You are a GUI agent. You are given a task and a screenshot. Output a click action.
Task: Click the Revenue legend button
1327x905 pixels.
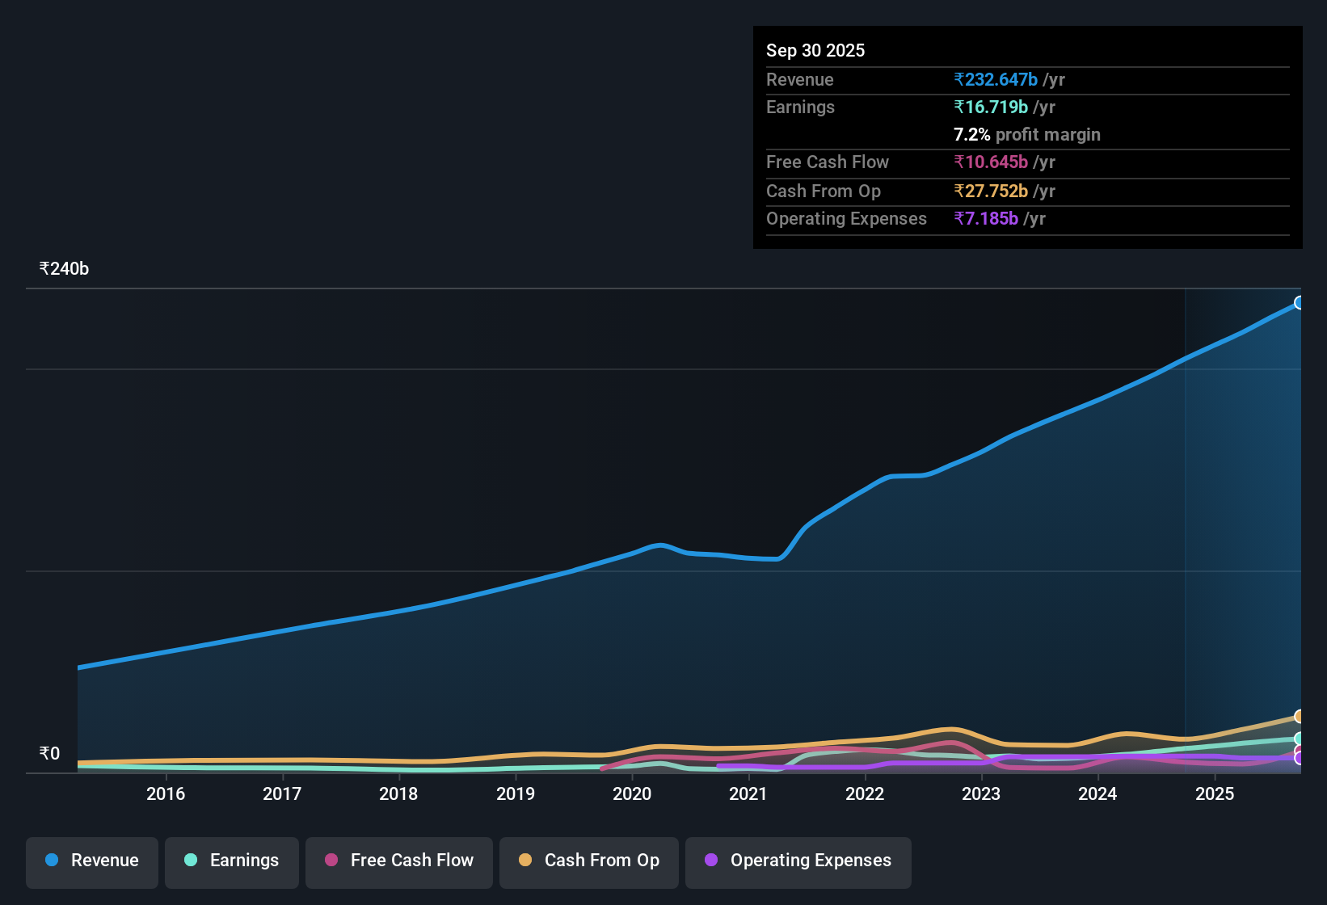pos(92,861)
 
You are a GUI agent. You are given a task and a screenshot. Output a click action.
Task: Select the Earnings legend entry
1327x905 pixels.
pos(232,861)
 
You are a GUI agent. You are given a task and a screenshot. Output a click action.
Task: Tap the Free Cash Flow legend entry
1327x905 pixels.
pos(399,861)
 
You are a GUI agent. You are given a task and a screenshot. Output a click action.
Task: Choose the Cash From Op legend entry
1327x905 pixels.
pos(589,861)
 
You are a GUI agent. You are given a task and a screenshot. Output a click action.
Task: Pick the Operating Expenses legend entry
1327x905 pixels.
pos(798,861)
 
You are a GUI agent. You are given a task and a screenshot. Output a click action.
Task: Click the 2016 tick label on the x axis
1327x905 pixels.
pos(166,794)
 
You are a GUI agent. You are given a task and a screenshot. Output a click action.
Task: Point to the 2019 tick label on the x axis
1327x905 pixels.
pos(516,794)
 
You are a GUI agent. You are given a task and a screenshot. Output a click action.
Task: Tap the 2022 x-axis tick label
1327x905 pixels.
pos(865,794)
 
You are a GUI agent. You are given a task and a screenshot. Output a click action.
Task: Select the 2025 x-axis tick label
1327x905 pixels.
pos(1215,794)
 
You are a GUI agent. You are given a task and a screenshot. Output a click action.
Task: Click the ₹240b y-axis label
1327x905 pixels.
pos(65,269)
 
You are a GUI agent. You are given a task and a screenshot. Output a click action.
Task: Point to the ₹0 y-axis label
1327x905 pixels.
pos(50,754)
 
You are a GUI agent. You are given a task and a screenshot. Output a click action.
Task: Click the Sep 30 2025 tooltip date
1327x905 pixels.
pos(815,51)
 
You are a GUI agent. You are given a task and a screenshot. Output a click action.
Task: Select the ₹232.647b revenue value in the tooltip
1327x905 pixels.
pos(996,80)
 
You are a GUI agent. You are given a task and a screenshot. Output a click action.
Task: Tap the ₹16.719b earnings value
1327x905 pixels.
pos(991,107)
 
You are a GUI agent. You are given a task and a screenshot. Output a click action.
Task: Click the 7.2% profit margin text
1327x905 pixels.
pos(1026,135)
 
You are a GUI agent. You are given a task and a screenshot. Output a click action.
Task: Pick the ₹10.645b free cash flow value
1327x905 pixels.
pos(991,162)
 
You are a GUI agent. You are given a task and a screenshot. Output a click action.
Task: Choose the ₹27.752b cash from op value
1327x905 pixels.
pos(991,192)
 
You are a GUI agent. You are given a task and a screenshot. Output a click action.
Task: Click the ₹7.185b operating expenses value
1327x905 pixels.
pos(986,219)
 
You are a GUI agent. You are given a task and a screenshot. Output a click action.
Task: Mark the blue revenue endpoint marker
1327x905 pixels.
pos(1299,303)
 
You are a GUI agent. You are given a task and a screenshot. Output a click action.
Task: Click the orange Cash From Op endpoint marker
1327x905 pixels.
pos(1299,717)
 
